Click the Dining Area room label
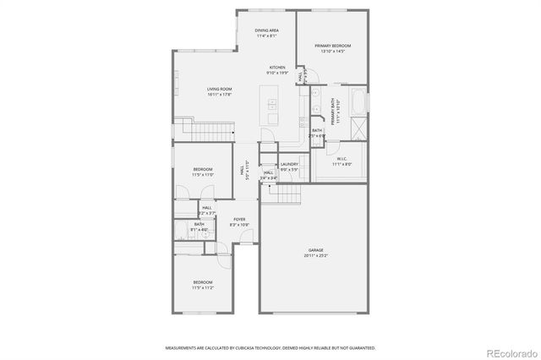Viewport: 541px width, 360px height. (267, 31)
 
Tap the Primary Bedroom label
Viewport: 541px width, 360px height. (333, 46)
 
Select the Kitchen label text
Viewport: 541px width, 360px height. (277, 67)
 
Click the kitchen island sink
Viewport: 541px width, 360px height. (272, 106)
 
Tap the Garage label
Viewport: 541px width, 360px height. (316, 250)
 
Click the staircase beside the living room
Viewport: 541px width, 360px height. (212, 133)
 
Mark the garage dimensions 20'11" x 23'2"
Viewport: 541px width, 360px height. (316, 255)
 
